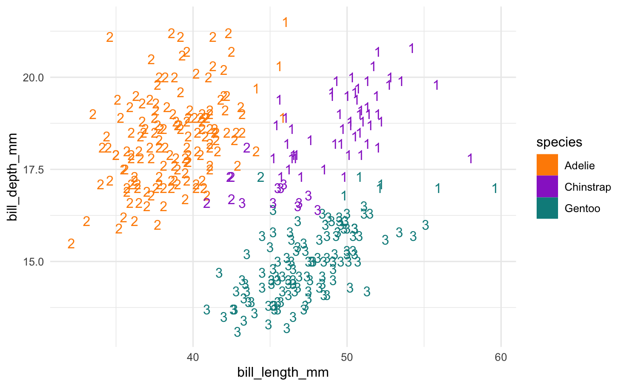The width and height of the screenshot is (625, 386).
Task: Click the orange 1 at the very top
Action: coord(285,22)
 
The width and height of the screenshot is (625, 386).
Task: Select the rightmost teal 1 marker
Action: coord(495,188)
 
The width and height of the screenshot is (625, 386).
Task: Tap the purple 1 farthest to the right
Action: coord(470,159)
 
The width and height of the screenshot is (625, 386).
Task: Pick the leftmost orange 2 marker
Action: coord(71,244)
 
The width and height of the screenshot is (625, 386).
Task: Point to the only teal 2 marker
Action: coord(260,177)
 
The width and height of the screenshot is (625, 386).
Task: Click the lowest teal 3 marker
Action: coord(237,332)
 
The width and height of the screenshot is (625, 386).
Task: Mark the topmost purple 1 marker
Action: coord(411,48)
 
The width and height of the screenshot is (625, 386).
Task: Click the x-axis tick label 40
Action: coord(193,359)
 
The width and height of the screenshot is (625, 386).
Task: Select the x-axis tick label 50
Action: coord(346,359)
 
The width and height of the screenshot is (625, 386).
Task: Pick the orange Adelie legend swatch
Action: coord(547,165)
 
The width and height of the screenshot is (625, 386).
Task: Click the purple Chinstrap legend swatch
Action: coord(547,186)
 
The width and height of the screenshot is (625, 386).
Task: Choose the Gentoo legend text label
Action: coord(582,208)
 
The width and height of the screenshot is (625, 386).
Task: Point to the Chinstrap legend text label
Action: coord(587,186)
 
